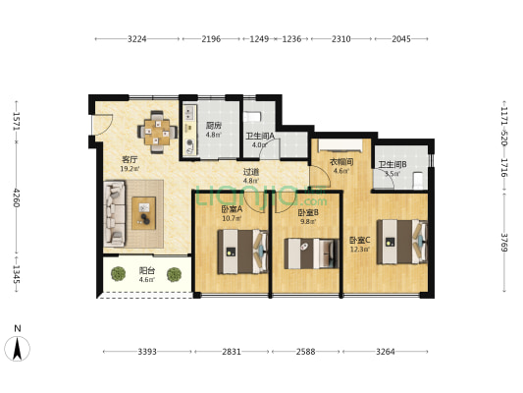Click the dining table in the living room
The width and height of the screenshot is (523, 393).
coord(157,132)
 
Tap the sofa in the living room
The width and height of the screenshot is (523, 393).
coord(115,213)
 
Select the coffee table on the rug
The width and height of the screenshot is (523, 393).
coord(144,213)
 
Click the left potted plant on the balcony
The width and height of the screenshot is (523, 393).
coord(118,274)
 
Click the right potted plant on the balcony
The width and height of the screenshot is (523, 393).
coord(174,274)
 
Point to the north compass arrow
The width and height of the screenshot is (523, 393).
coord(17,348)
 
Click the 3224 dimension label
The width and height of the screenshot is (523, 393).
coord(136,39)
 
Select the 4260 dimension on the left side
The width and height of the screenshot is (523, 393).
coord(17,197)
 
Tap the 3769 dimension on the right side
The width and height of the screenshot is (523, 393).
coord(504,243)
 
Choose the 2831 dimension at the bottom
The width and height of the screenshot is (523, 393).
coord(232,352)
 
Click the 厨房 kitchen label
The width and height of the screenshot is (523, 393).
coord(214,126)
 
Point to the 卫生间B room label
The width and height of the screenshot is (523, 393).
coord(392,165)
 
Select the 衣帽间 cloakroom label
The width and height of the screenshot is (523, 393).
coord(341,162)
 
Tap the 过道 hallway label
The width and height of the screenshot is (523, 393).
coord(251,172)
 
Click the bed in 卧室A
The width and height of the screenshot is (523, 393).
coord(242,252)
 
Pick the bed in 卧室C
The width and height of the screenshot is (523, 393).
coord(402,242)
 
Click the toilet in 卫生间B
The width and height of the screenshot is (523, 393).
coord(418,181)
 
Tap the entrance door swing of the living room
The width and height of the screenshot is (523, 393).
coord(103,125)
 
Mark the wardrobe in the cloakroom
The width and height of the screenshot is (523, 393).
coord(340,145)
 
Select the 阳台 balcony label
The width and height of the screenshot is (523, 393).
coord(147,270)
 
